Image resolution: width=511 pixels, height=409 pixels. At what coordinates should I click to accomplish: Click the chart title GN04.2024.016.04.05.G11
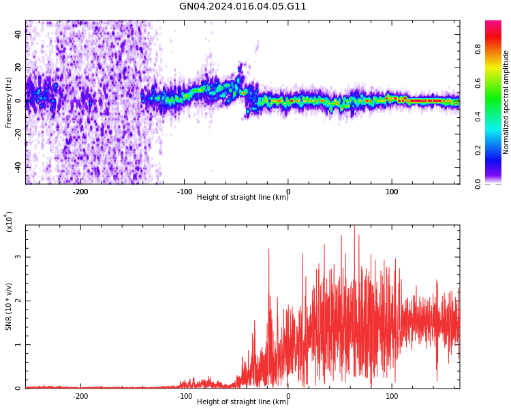click(243, 7)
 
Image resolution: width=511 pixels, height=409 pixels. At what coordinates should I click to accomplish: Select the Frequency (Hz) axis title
click(9, 102)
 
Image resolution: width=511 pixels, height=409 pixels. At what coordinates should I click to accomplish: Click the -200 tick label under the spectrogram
click(80, 192)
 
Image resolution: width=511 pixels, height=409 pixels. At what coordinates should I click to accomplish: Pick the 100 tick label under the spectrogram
click(392, 192)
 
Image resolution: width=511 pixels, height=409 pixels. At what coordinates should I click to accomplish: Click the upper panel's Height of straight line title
click(243, 198)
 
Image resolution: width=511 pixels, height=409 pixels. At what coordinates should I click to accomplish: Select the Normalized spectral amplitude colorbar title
click(506, 102)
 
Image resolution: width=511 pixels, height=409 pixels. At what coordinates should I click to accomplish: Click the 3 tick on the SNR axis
click(18, 257)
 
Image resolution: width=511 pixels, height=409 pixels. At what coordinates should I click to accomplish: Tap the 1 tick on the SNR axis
click(18, 344)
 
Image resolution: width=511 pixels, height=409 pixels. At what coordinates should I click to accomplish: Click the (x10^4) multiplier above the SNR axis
click(9, 222)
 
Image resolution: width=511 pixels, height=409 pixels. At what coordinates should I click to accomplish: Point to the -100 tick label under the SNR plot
click(184, 396)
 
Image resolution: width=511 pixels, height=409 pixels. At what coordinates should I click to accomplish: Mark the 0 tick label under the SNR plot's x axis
click(288, 396)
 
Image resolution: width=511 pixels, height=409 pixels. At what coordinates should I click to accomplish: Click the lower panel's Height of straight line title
click(243, 402)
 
